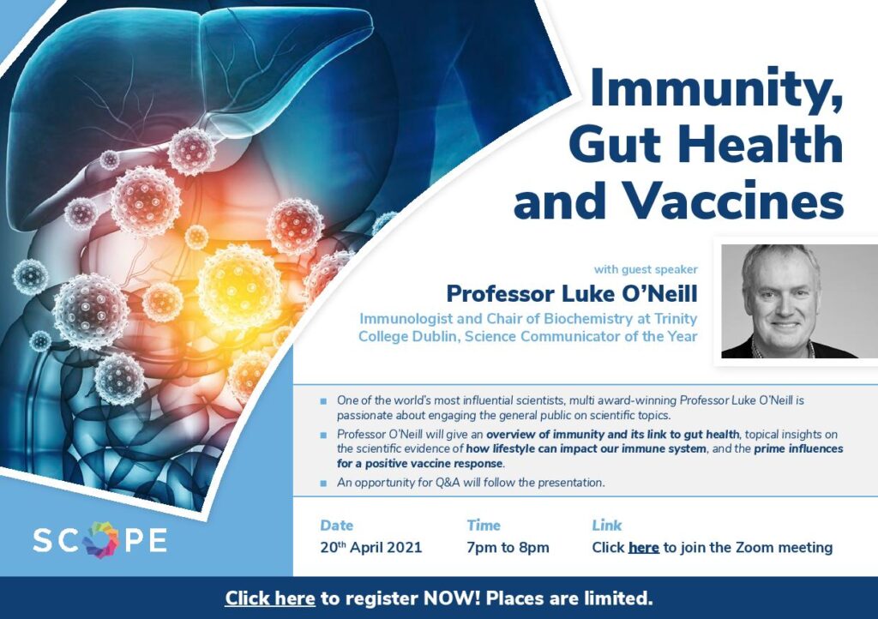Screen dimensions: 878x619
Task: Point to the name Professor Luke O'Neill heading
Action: [x=572, y=293]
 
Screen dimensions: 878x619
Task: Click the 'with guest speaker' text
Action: [x=646, y=269]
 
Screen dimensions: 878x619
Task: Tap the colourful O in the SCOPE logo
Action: [x=101, y=539]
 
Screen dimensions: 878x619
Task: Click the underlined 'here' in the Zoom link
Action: [x=643, y=547]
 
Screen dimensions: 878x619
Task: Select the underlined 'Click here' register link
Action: [x=270, y=598]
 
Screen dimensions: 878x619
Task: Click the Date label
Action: [x=336, y=525]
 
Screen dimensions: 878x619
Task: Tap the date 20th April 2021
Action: [x=370, y=547]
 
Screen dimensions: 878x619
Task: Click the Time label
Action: [x=484, y=525]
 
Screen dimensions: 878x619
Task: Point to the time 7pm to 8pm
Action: [x=508, y=547]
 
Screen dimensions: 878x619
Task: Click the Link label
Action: [x=607, y=525]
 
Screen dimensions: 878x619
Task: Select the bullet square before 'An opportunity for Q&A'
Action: [x=323, y=483]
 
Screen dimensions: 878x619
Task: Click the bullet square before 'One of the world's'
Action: [x=323, y=401]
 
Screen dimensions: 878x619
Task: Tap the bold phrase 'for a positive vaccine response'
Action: [x=420, y=464]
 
